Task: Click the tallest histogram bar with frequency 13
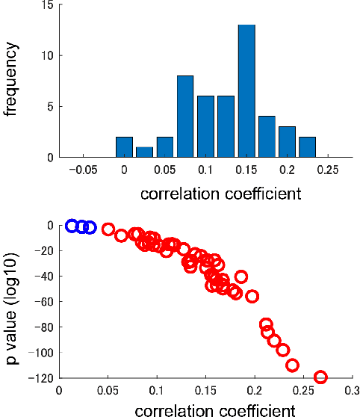[x=247, y=91]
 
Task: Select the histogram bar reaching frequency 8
[x=186, y=116]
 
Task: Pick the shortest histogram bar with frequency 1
[x=145, y=152]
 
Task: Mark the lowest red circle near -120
[x=321, y=377]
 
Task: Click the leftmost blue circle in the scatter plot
[x=72, y=226]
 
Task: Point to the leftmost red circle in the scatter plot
[x=108, y=229]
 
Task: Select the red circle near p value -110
[x=292, y=365]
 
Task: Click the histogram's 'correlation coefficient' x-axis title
[x=220, y=194]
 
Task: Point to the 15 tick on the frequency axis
[x=47, y=6]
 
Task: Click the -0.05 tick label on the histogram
[x=83, y=170]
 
